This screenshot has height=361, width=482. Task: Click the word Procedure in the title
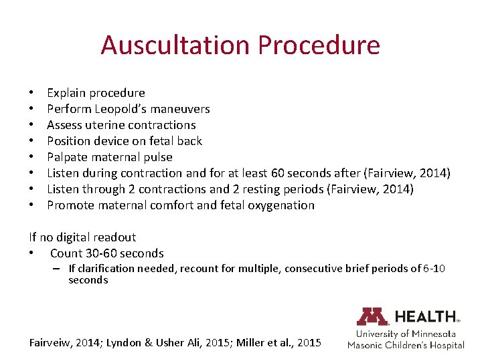click(x=319, y=45)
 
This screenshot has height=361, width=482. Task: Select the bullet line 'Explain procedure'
click(x=96, y=93)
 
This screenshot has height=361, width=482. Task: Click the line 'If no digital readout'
click(x=82, y=237)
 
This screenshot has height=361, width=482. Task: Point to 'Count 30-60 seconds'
click(x=107, y=253)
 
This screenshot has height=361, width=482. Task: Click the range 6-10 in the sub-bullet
click(x=434, y=269)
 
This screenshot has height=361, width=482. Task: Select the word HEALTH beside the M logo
click(x=426, y=316)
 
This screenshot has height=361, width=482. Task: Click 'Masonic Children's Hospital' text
click(x=406, y=345)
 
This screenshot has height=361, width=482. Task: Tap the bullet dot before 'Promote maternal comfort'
click(x=31, y=205)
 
